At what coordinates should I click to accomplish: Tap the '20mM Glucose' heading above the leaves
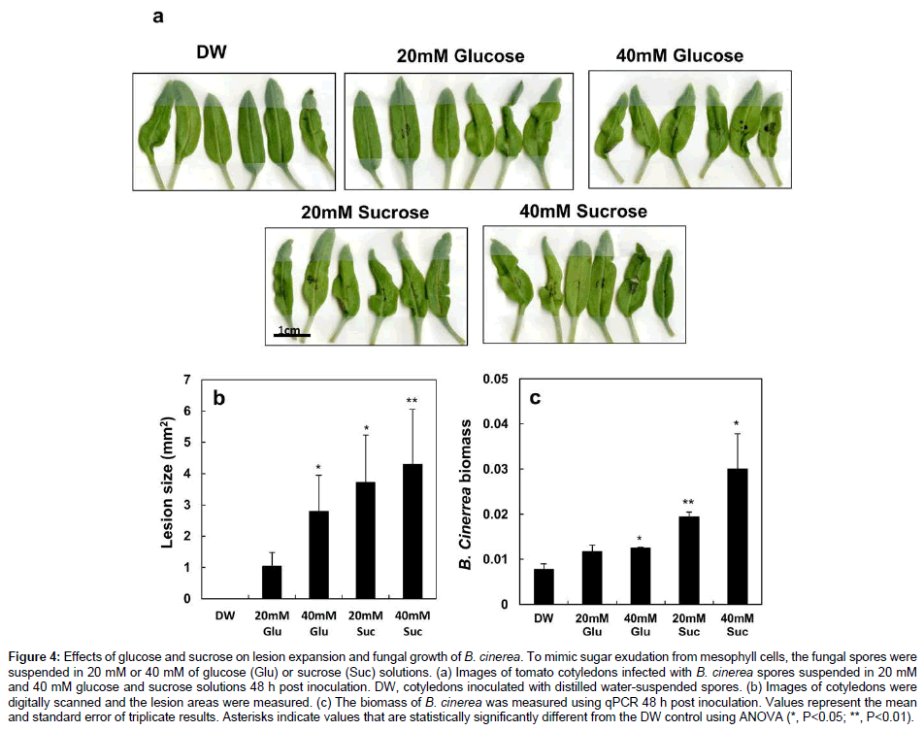[460, 56]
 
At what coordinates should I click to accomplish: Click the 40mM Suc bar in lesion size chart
[413, 531]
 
